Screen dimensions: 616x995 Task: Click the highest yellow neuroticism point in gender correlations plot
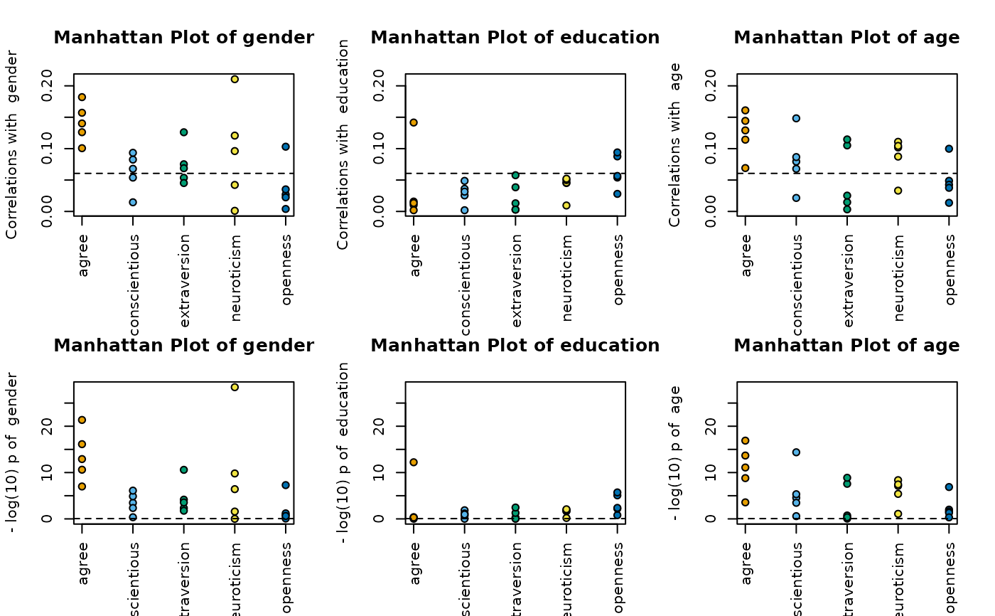coord(235,79)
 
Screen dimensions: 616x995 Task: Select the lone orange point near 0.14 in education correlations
coord(414,122)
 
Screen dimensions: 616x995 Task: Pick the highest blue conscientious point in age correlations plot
coord(796,118)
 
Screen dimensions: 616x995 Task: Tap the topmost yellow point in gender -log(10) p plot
coord(235,387)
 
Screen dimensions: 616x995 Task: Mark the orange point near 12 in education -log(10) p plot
coord(414,462)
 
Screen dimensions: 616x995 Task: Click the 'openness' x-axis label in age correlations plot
coord(950,265)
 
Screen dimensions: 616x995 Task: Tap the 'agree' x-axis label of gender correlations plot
coord(84,256)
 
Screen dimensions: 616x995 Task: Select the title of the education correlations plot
coord(515,38)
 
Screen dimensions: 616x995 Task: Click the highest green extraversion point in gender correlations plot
coord(183,132)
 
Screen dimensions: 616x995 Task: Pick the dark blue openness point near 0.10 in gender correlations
coord(286,147)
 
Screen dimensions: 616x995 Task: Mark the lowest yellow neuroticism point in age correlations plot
coord(898,191)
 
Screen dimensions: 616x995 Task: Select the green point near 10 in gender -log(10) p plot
coord(183,469)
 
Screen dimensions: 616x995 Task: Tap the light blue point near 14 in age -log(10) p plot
coord(796,452)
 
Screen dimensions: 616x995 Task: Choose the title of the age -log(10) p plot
coord(846,346)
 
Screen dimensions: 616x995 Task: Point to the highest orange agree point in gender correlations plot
coord(82,97)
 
